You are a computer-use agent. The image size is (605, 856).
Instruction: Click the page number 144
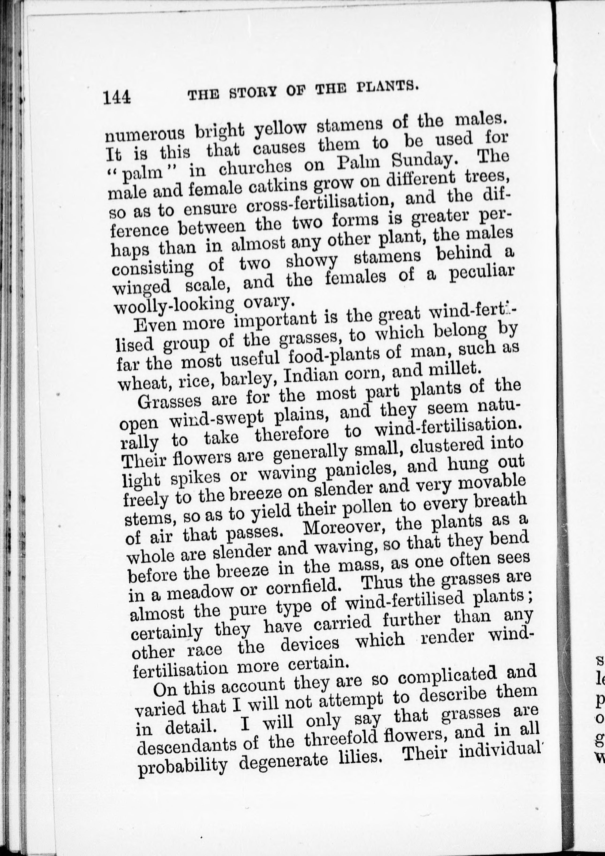tap(117, 97)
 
